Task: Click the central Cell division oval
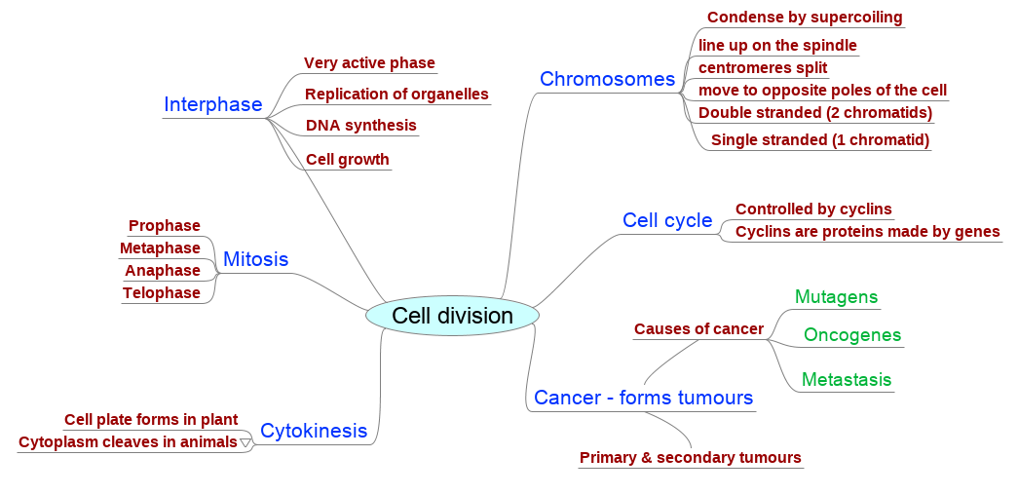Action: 453,316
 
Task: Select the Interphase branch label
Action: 213,104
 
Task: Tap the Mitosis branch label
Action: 256,259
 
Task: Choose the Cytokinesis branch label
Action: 314,431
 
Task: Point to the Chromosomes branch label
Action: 608,79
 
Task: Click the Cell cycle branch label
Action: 667,220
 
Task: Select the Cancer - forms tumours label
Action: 643,397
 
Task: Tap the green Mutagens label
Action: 836,297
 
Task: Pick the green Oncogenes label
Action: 852,334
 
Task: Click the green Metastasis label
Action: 847,379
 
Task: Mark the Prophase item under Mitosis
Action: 165,225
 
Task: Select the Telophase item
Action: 162,293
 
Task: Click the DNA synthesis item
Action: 361,125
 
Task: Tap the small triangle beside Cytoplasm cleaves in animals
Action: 245,443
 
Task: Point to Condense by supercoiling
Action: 805,18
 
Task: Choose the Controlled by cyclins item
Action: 814,209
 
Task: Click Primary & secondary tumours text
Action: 691,458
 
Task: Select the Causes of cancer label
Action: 699,329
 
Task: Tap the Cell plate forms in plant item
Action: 151,420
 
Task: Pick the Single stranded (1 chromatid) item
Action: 820,139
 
